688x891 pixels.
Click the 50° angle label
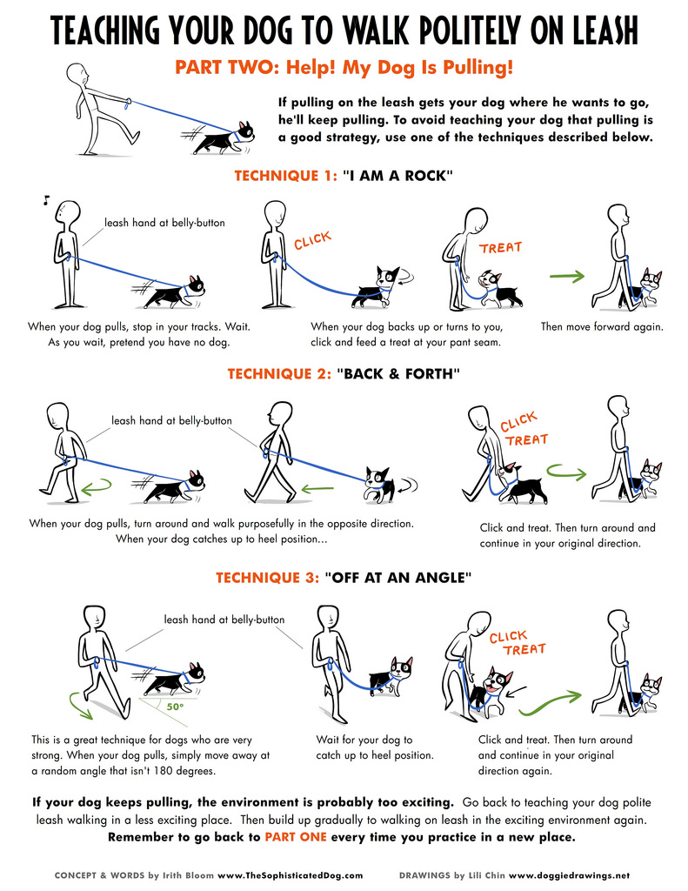tap(175, 707)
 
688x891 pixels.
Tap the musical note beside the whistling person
tap(46, 200)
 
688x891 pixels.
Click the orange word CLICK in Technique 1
tap(312, 240)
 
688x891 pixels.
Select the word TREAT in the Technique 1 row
tap(500, 248)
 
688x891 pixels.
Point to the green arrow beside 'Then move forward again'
tap(567, 277)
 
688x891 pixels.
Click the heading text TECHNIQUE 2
tap(279, 374)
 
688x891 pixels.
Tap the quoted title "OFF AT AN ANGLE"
tap(398, 578)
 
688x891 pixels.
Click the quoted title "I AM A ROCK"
tap(397, 176)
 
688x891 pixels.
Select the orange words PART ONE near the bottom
tap(296, 837)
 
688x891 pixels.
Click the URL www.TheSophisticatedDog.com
tap(290, 875)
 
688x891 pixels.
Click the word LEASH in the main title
tap(605, 30)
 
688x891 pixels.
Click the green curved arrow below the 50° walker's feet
tap(79, 704)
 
